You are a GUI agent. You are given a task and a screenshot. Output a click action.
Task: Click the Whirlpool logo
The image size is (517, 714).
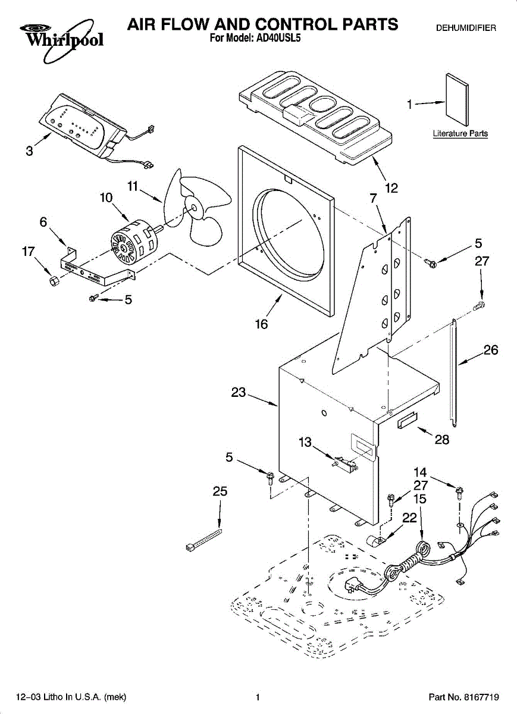pyautogui.click(x=62, y=41)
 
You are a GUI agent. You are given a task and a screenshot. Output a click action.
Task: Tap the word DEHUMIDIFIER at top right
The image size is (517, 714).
pyautogui.click(x=466, y=28)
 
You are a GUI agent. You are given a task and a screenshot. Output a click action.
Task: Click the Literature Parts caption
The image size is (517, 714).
pyautogui.click(x=460, y=133)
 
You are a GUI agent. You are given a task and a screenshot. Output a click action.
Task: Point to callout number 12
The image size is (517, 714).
pyautogui.click(x=391, y=188)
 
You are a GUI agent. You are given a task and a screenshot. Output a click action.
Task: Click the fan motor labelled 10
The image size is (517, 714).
pyautogui.click(x=134, y=244)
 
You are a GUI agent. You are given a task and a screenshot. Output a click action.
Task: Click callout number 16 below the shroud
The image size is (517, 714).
pyautogui.click(x=261, y=324)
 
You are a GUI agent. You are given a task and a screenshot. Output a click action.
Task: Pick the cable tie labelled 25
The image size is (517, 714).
pyautogui.click(x=203, y=540)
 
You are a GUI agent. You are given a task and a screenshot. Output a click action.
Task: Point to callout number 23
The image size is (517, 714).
pyautogui.click(x=239, y=392)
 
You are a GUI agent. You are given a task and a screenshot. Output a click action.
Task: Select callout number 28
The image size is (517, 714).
pyautogui.click(x=442, y=440)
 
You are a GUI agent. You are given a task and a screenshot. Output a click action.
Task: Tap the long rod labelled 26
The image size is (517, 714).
pyautogui.click(x=453, y=372)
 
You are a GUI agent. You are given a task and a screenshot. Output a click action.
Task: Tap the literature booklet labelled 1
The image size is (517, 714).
pyautogui.click(x=458, y=99)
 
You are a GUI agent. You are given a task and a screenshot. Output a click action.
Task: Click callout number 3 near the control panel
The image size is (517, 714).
pyautogui.click(x=29, y=151)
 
